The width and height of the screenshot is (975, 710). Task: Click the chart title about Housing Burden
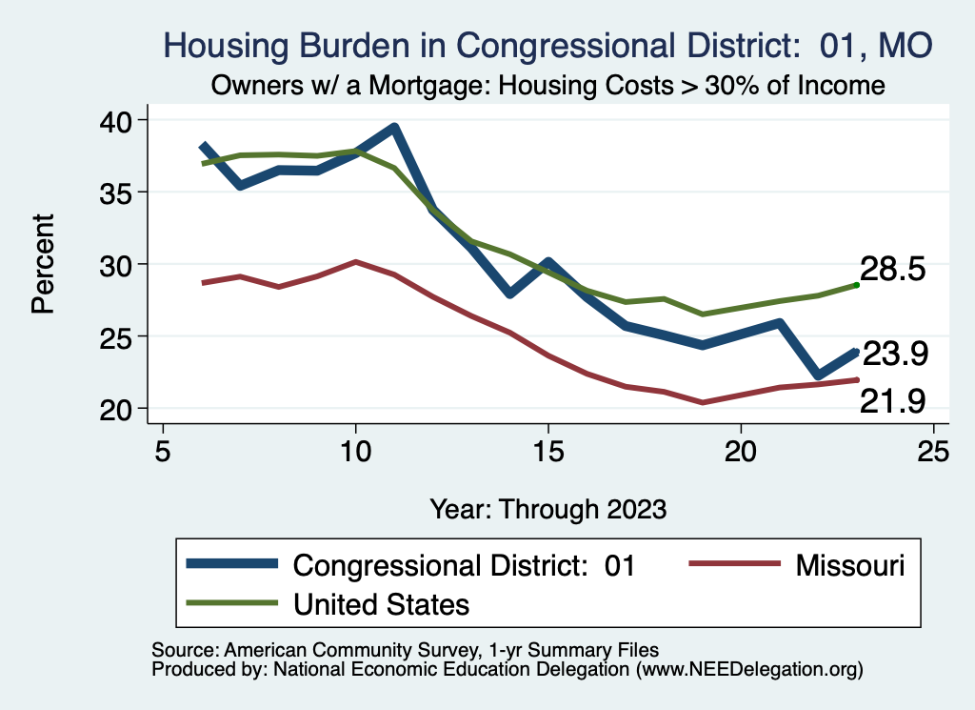tap(547, 45)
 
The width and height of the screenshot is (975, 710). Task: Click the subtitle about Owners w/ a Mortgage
tap(547, 86)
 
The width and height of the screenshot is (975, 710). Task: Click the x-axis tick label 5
tap(163, 450)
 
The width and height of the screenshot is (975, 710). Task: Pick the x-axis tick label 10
tap(355, 450)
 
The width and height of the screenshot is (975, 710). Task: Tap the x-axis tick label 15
tap(548, 450)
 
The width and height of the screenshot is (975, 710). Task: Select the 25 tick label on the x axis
tap(934, 450)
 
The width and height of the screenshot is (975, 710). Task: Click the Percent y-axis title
tap(42, 264)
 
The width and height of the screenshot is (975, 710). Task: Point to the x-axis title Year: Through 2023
tap(547, 508)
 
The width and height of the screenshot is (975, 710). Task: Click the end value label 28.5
tap(893, 270)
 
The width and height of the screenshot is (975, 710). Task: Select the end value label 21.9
tap(893, 402)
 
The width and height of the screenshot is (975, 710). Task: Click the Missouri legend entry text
tap(844, 566)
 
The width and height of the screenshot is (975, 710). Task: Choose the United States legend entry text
tap(381, 603)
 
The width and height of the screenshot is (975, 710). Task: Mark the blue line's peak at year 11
tap(394, 128)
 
